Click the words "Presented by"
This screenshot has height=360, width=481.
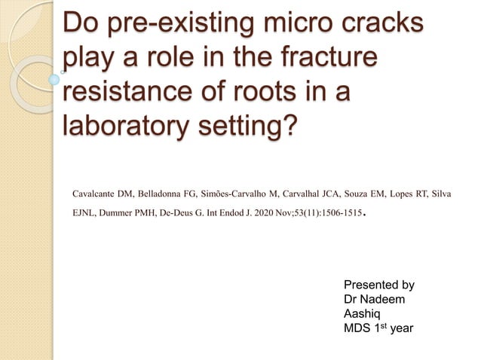tap(378, 285)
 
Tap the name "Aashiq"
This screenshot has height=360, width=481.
tap(362, 314)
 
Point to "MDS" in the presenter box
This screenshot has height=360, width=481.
tap(357, 329)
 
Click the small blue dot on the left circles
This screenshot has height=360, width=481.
tap(54, 78)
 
